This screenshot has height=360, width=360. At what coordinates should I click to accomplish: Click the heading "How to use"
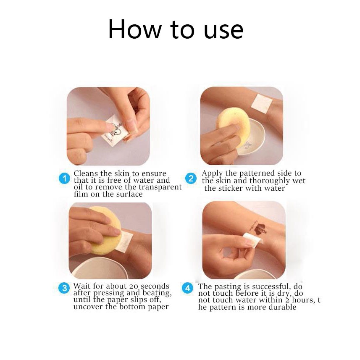(x=176, y=29)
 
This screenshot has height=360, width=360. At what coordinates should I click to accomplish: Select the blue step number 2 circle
(x=191, y=179)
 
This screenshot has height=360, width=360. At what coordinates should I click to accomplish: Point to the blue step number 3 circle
(x=64, y=288)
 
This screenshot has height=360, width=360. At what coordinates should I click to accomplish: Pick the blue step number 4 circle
(x=188, y=288)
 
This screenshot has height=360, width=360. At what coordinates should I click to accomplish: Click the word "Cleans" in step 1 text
(x=86, y=173)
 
